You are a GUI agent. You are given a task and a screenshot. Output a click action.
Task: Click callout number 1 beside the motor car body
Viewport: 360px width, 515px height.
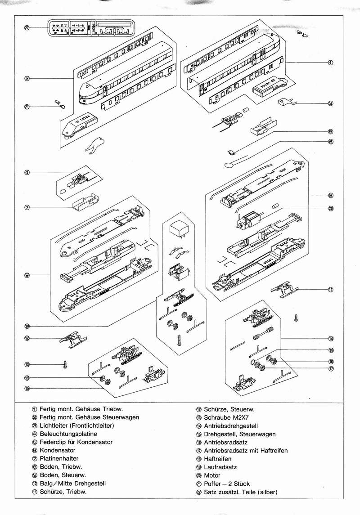[x=330, y=62]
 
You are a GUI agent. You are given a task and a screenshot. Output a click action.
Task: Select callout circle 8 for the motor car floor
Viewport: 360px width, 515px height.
[x=330, y=195]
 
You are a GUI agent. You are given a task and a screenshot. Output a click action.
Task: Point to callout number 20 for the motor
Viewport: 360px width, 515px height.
[x=330, y=208]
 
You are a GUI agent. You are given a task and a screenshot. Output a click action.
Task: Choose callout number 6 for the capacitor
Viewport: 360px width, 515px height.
[x=330, y=141]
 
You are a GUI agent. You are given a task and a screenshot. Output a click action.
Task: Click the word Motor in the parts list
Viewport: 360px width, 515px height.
[x=212, y=475]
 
